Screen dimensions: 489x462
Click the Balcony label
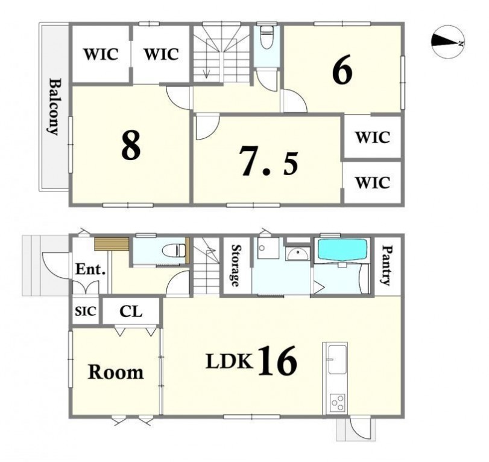54,106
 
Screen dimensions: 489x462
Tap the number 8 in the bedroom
131,145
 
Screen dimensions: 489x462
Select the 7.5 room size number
268,165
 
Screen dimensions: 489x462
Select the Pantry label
387,265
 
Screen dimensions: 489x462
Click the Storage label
236,266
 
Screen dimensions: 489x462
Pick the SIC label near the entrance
86,311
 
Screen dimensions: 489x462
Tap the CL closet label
131,311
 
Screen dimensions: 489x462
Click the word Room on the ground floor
116,372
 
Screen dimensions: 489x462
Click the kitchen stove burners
338,403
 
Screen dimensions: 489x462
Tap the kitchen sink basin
338,359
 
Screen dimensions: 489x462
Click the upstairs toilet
266,37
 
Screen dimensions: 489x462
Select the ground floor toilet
174,251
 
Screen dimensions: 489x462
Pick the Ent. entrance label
90,269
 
